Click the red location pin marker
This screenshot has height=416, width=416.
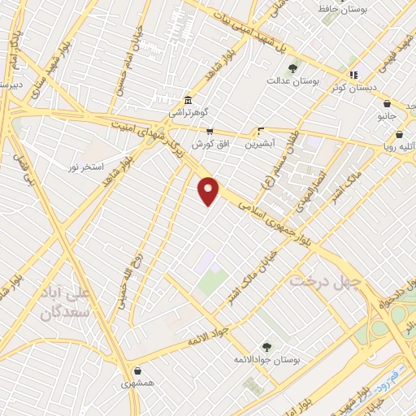[209, 191]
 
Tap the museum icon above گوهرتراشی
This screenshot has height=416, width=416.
[188, 100]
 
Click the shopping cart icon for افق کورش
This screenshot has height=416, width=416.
[209, 131]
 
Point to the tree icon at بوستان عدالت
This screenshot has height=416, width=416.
[292, 67]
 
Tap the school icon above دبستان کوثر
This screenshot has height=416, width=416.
[353, 75]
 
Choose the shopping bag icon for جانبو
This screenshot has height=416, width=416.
[387, 104]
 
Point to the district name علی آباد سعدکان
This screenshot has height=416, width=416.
[62, 301]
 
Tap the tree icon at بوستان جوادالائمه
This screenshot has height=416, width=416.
[266, 346]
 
